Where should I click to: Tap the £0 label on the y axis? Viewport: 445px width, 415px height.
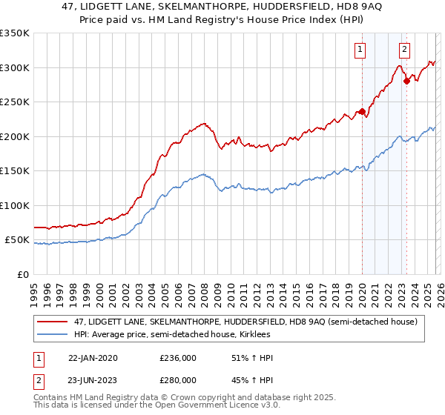[x=22, y=274]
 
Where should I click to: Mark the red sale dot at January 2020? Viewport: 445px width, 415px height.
[x=362, y=112]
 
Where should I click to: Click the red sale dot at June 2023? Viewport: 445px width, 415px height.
[x=406, y=82]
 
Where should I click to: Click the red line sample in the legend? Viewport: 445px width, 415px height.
[x=53, y=322]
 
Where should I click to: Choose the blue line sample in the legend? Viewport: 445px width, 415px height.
[x=53, y=334]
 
